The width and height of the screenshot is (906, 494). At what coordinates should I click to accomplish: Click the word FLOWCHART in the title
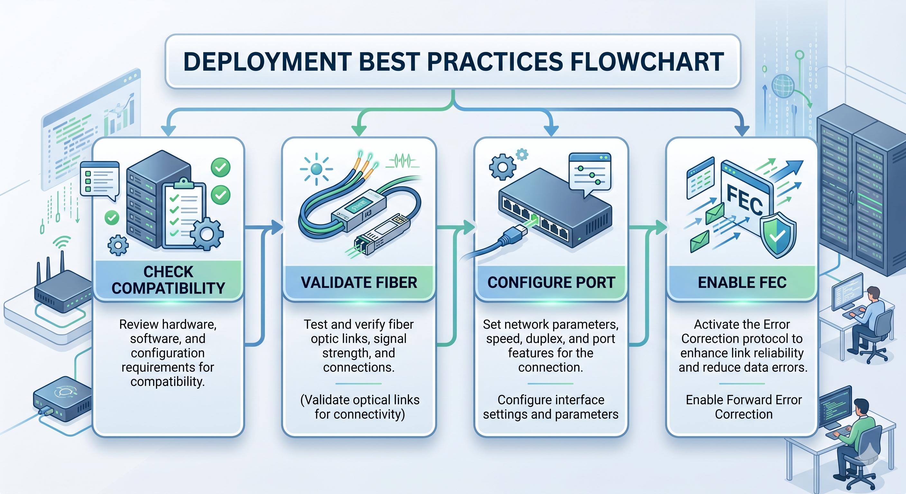point(646,62)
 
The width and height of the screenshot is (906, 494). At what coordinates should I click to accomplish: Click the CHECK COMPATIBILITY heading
point(168,280)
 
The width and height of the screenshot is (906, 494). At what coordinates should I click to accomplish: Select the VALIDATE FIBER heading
point(359,282)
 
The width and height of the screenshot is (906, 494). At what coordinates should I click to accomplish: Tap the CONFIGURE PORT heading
point(551,282)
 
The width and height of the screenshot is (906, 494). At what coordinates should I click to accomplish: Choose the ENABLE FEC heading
point(742,282)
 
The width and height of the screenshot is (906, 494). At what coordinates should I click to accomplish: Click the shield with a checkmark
point(778,235)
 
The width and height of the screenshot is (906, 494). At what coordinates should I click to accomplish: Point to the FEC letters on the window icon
point(744,200)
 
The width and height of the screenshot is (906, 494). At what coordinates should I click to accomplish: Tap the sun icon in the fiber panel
point(316,169)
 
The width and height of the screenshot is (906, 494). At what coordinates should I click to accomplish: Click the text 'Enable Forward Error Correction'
point(744,407)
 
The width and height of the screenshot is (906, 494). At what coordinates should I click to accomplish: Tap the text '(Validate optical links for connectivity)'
point(359,407)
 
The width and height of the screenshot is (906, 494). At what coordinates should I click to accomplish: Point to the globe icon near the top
point(782,86)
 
